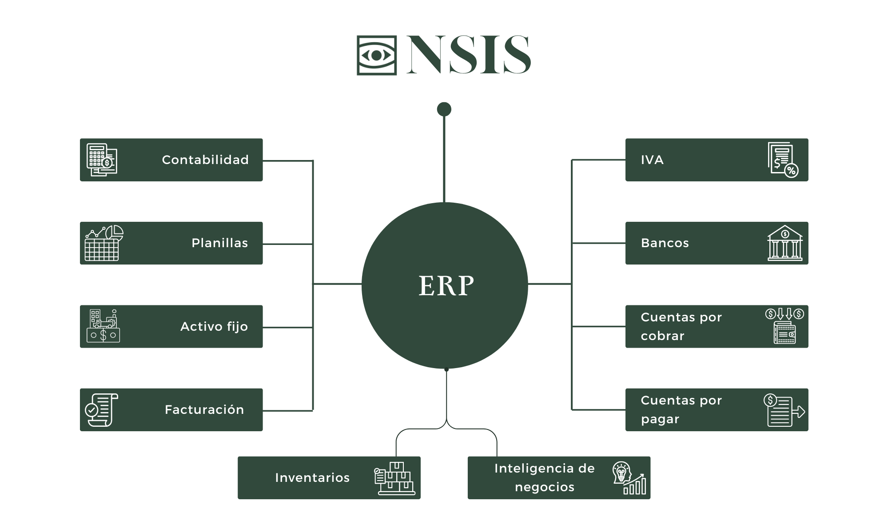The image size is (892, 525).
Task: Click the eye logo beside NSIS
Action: pyautogui.click(x=376, y=55)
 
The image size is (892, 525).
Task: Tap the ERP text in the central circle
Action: pyautogui.click(x=446, y=285)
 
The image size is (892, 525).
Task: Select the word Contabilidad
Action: pyautogui.click(x=205, y=160)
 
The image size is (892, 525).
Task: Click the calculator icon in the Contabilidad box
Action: pyautogui.click(x=102, y=160)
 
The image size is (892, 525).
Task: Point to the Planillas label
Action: pyautogui.click(x=219, y=243)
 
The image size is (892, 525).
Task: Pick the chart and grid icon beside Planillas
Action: pyautogui.click(x=104, y=243)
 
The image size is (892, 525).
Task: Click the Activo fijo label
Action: pyautogui.click(x=214, y=326)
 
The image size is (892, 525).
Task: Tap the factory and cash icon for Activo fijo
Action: pyautogui.click(x=103, y=326)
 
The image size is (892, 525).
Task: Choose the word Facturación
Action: pyautogui.click(x=204, y=409)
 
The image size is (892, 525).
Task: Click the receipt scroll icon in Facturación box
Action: pyautogui.click(x=101, y=409)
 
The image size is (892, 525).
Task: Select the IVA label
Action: pyautogui.click(x=652, y=160)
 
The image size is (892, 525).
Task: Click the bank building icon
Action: pyautogui.click(x=784, y=243)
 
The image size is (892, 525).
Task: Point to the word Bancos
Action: pyautogui.click(x=665, y=243)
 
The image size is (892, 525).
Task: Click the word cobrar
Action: pyautogui.click(x=662, y=336)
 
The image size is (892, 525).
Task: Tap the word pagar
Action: pyautogui.click(x=660, y=419)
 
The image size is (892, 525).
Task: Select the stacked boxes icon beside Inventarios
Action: pyautogui.click(x=394, y=478)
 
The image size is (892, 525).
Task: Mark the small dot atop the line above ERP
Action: pyautogui.click(x=444, y=109)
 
